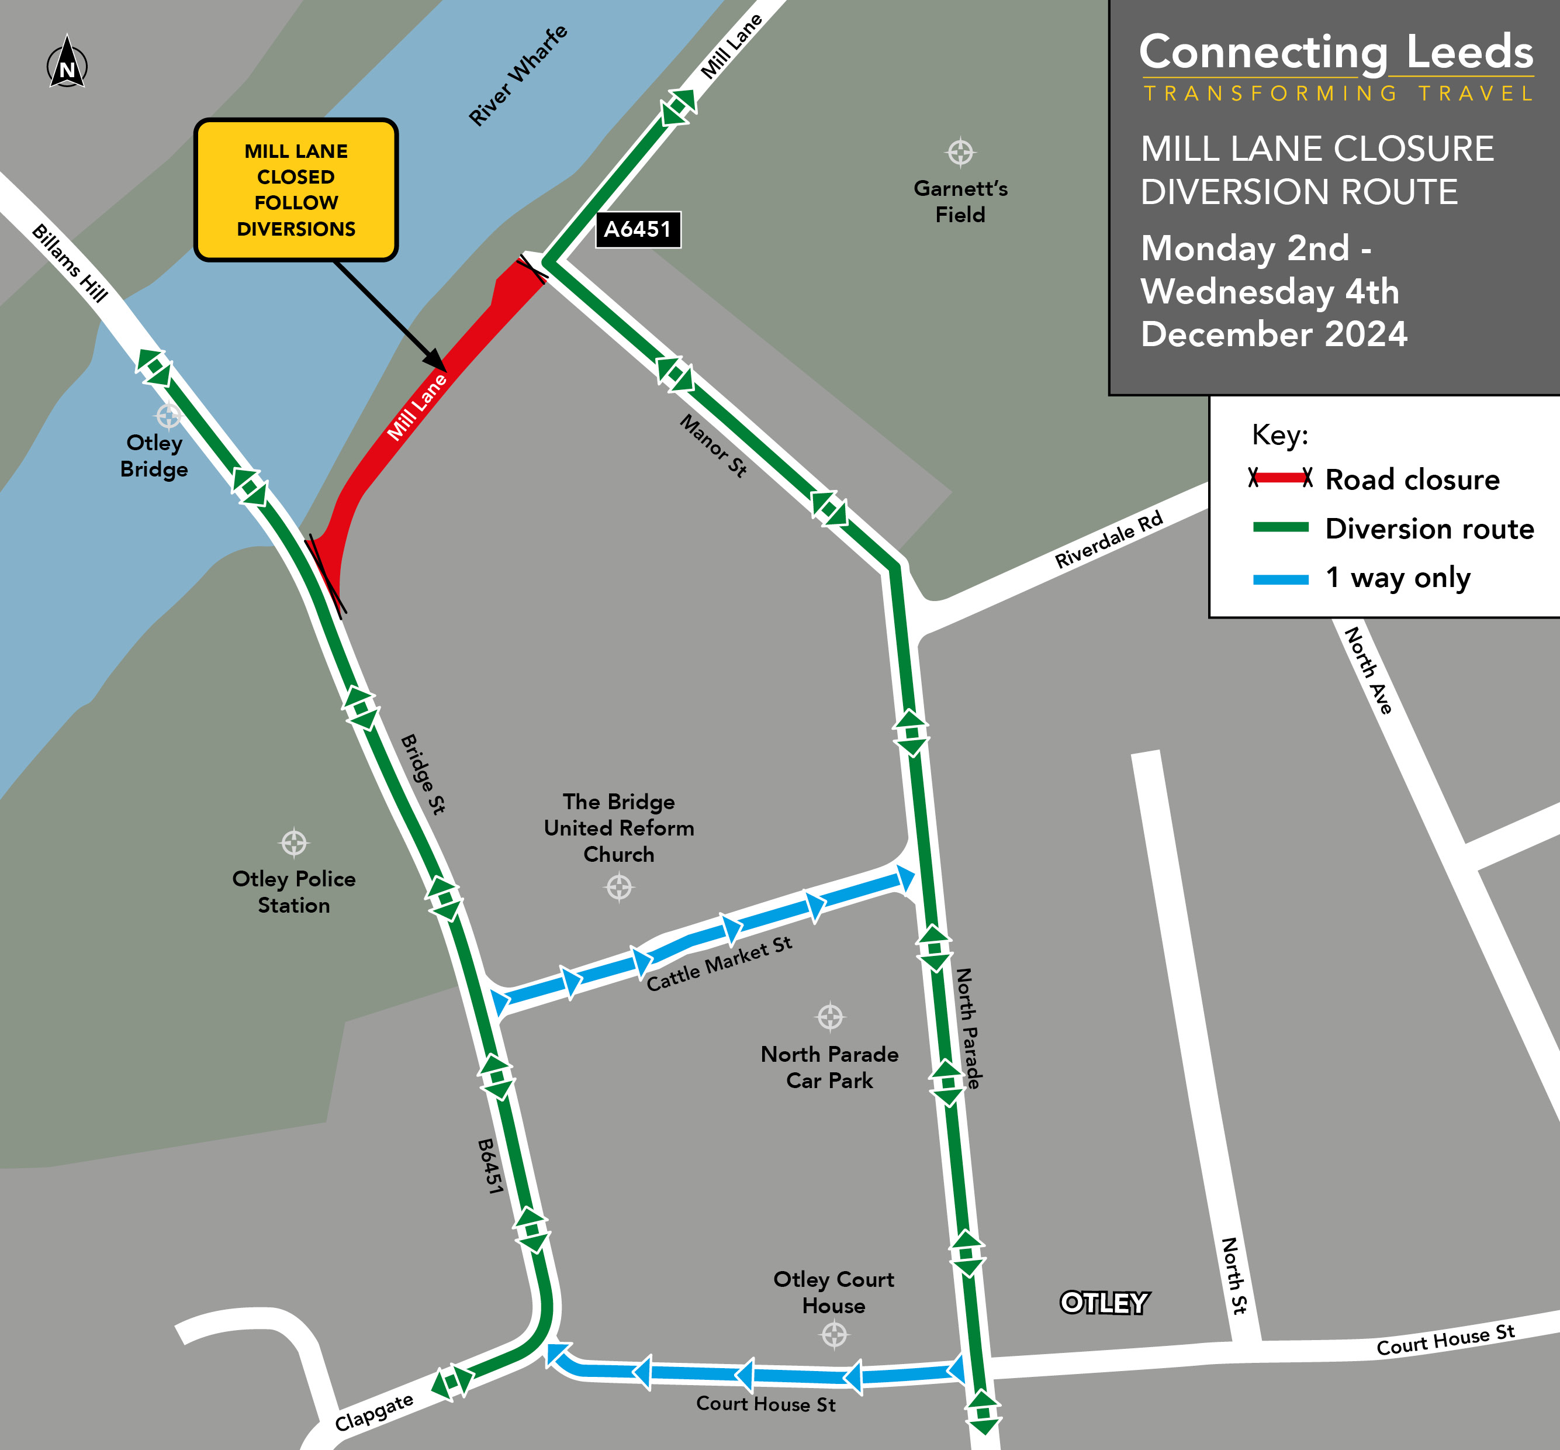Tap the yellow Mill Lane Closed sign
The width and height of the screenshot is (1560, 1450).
(x=296, y=190)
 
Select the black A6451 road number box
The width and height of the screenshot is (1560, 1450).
(x=638, y=230)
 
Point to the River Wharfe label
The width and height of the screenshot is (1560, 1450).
(x=518, y=75)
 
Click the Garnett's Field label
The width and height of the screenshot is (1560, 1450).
(x=960, y=202)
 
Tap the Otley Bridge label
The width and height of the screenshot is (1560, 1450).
(x=154, y=456)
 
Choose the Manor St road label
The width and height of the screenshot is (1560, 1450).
(x=713, y=446)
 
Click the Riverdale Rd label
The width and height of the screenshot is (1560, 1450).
(x=1108, y=540)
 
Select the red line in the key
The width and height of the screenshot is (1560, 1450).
(x=1280, y=478)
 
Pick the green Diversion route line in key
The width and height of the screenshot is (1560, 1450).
(x=1280, y=527)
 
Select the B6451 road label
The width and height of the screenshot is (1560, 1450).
(x=490, y=1167)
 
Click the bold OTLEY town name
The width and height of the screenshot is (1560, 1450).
(x=1104, y=1303)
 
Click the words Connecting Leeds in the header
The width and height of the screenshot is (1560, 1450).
(x=1336, y=53)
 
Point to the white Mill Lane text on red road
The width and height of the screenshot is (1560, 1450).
(x=417, y=407)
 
